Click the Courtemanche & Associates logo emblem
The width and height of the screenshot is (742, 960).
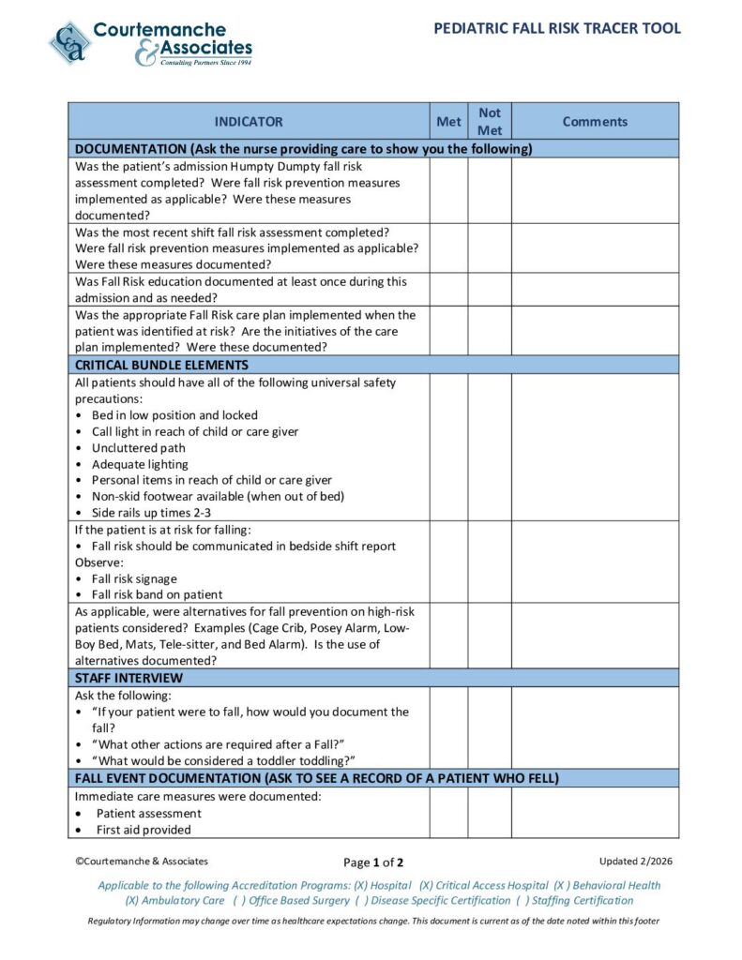(x=70, y=43)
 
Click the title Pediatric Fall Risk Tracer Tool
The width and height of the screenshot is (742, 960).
(x=557, y=28)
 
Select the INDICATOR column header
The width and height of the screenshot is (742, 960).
(x=249, y=122)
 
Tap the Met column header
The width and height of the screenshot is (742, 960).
(x=449, y=122)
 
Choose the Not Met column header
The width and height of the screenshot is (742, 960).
(x=490, y=122)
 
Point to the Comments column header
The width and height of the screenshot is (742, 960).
(x=595, y=122)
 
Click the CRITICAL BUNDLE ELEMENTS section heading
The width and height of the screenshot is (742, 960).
(x=161, y=365)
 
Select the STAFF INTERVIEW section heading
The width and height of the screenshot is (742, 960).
(x=129, y=678)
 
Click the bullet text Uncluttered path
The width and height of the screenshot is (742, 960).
(x=138, y=448)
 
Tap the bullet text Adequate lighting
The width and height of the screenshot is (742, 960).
(x=140, y=464)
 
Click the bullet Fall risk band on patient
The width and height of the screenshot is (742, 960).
(x=157, y=594)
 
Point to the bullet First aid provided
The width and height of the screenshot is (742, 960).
(x=143, y=830)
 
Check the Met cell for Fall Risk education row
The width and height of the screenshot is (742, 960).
(x=449, y=290)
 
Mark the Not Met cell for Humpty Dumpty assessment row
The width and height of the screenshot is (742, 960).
(x=490, y=190)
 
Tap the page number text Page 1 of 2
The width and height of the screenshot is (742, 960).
(x=373, y=862)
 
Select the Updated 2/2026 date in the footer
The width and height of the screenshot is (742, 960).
(x=636, y=861)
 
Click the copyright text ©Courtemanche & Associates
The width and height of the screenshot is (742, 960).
(x=142, y=861)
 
